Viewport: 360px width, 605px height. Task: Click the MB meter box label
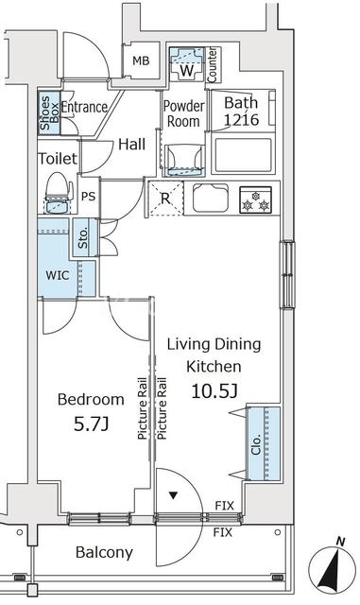coord(141,60)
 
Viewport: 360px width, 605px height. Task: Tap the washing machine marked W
coord(187,63)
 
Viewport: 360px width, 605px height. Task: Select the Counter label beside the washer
coord(213,65)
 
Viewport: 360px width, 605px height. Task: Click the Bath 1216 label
coord(241,112)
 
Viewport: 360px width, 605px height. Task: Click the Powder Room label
coord(183,113)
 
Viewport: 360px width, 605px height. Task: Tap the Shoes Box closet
coord(49,113)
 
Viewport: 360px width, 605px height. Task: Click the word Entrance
coord(84,107)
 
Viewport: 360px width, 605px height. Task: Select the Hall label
coord(132,145)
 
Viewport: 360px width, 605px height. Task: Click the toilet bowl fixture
coord(60,193)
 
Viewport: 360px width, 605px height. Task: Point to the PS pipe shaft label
coord(89,197)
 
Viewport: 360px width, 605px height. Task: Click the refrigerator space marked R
coord(165,199)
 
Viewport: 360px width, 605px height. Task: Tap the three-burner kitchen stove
coord(255,199)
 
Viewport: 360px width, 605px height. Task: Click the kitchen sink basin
coord(211,199)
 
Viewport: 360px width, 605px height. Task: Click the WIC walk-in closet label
coord(58,275)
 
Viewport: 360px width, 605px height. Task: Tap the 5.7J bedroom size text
coord(91,424)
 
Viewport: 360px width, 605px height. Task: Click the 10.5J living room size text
coord(214,391)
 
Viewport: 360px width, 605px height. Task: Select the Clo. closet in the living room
coord(264,443)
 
